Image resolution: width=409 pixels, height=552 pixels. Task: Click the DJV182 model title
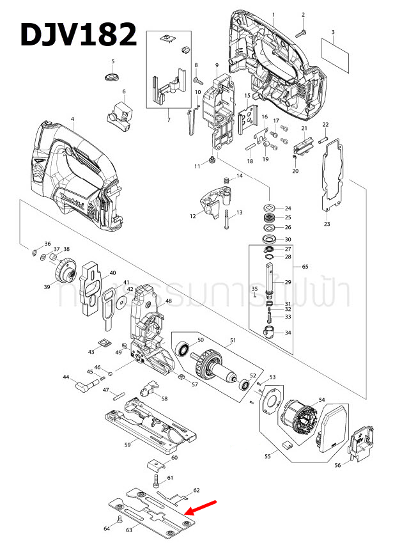pos(78,35)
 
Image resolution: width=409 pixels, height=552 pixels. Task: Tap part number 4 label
pos(72,119)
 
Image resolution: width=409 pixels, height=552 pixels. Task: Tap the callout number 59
pos(127,444)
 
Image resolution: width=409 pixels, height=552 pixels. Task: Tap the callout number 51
pos(233,340)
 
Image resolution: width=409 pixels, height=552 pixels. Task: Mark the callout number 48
pos(169,301)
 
